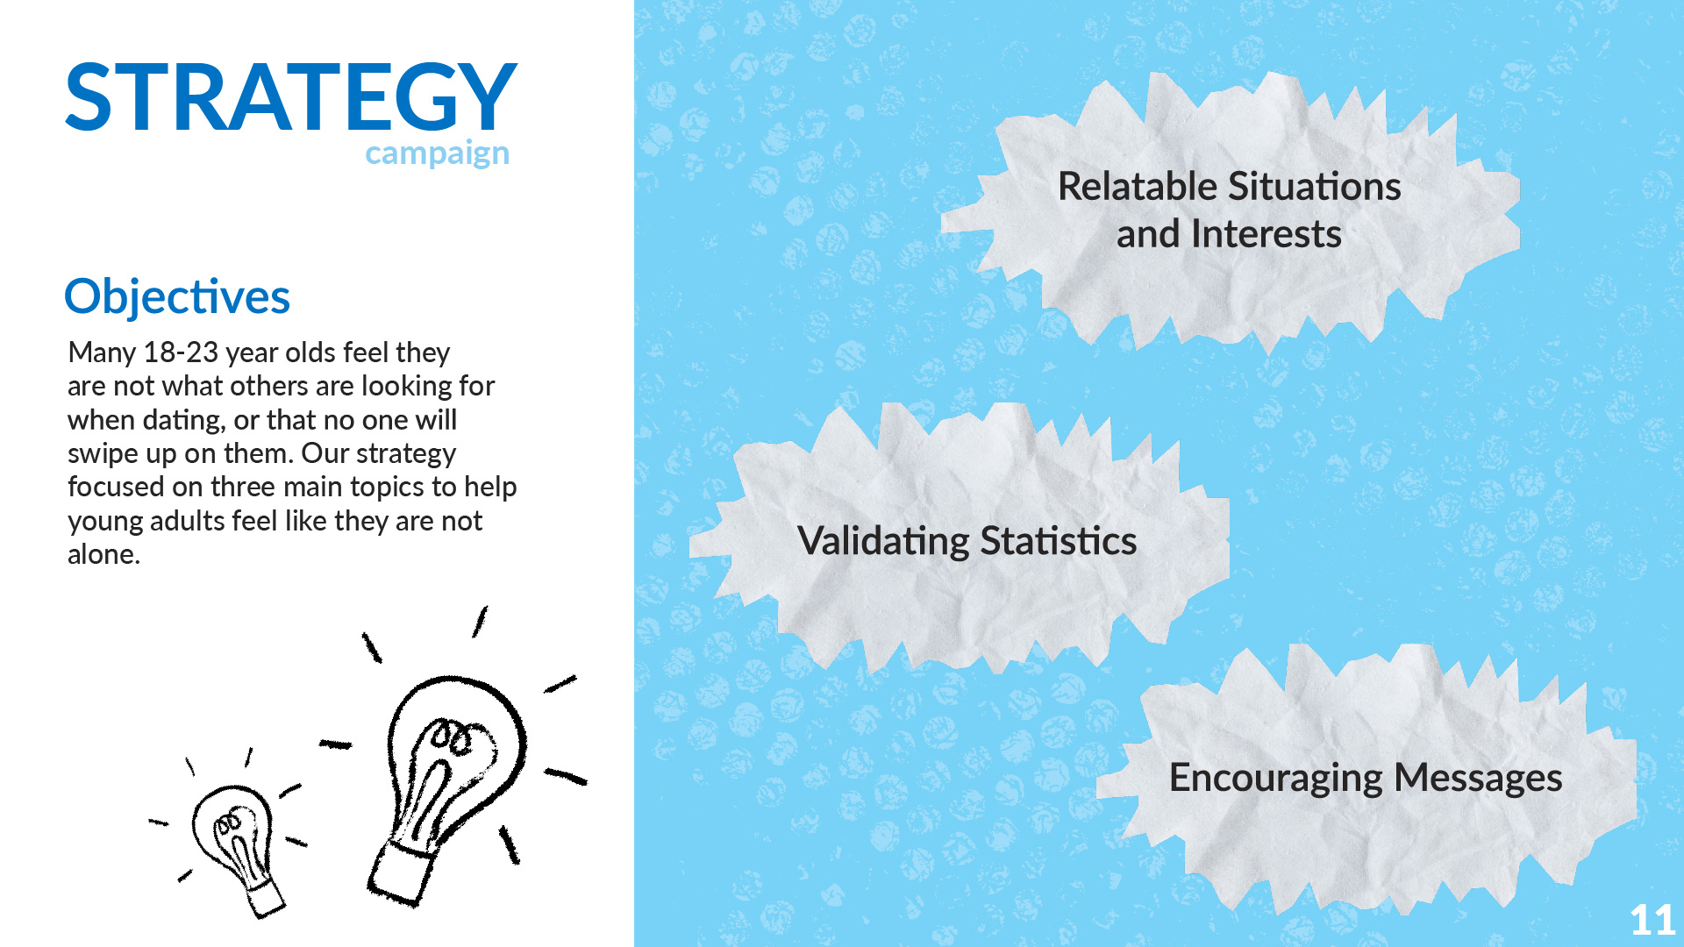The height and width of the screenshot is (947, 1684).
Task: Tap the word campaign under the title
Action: (437, 153)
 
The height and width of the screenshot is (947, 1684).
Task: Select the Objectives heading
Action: (177, 297)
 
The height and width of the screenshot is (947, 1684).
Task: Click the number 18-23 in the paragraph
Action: (180, 352)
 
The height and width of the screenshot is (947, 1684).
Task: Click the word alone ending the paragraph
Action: (103, 554)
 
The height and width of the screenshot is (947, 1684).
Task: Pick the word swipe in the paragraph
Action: (99, 454)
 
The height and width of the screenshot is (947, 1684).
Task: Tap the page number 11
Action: (1652, 921)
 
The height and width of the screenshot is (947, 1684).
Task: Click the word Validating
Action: (884, 542)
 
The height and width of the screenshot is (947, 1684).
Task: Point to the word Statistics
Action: (1059, 541)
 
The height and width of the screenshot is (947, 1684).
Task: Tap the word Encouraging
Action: (1276, 779)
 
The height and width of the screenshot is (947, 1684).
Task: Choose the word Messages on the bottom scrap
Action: (1478, 778)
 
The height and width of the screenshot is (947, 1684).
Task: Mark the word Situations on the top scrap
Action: (1315, 187)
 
